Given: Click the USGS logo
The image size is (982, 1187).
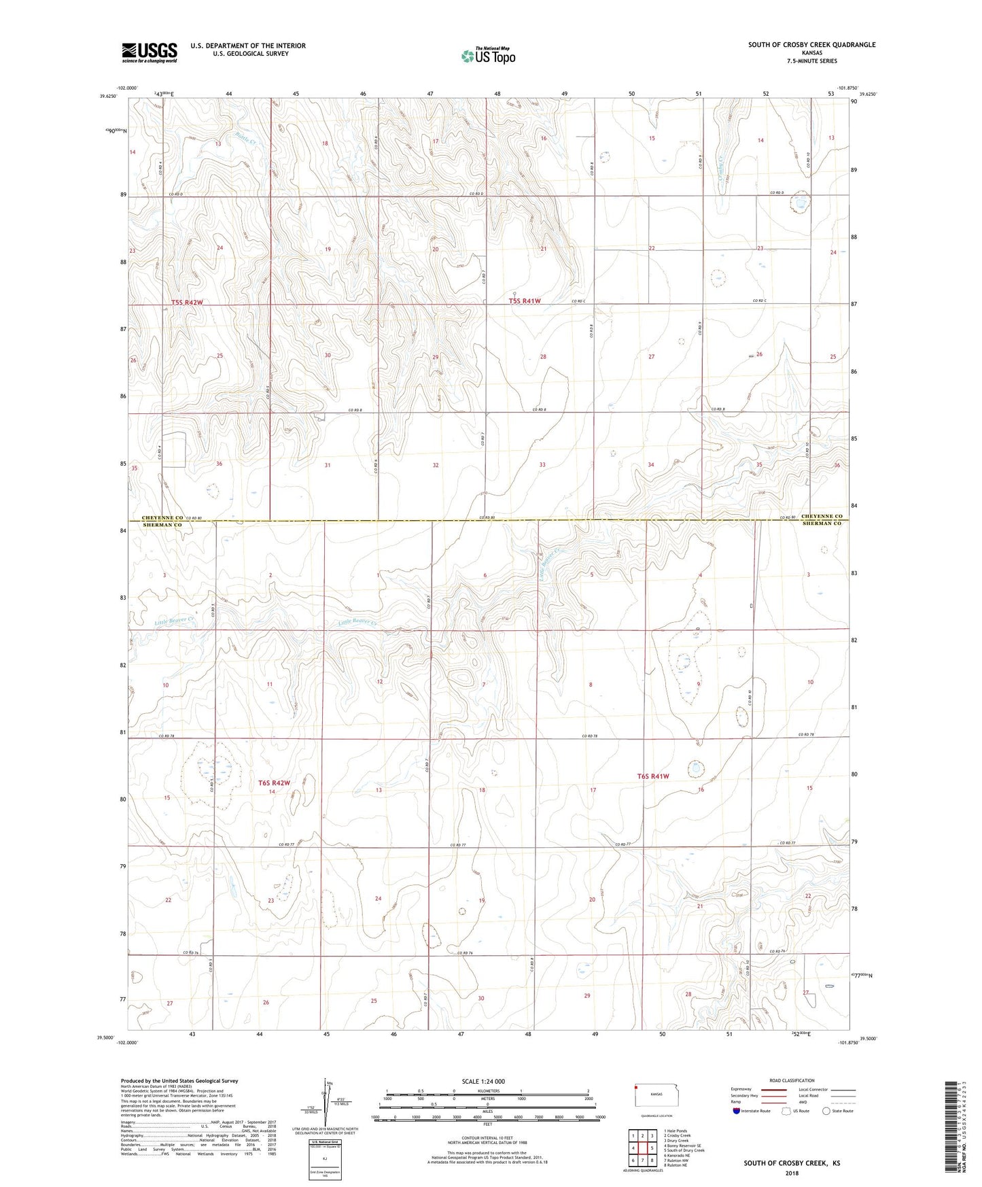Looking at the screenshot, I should (x=150, y=52).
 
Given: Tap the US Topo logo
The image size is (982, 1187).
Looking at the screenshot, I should (x=487, y=56).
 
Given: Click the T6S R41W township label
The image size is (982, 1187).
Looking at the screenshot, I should (x=653, y=776).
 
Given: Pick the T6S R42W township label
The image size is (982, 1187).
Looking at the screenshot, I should (x=279, y=783).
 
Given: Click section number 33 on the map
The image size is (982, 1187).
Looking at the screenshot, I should (x=542, y=465).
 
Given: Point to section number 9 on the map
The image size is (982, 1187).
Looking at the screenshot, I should (x=699, y=684).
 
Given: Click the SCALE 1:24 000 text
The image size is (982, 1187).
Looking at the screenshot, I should (x=483, y=1081).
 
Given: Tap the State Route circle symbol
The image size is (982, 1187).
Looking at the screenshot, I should (x=826, y=1111).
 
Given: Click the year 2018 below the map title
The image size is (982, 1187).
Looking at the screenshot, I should (x=791, y=1173).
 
